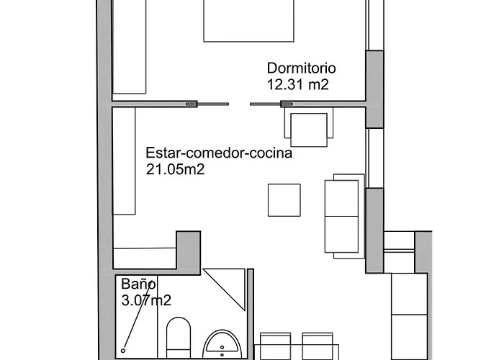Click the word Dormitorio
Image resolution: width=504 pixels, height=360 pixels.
click(x=302, y=68)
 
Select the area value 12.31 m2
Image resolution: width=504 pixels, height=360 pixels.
click(x=297, y=84)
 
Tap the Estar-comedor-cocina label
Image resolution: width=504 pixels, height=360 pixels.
click(x=219, y=153)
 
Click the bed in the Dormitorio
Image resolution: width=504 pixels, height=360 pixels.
click(x=249, y=20)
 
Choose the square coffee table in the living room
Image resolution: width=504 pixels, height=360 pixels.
click(x=284, y=200)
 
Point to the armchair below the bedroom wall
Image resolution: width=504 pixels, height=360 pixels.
click(x=310, y=125)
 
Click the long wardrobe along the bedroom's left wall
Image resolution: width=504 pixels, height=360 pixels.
click(x=130, y=47)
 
